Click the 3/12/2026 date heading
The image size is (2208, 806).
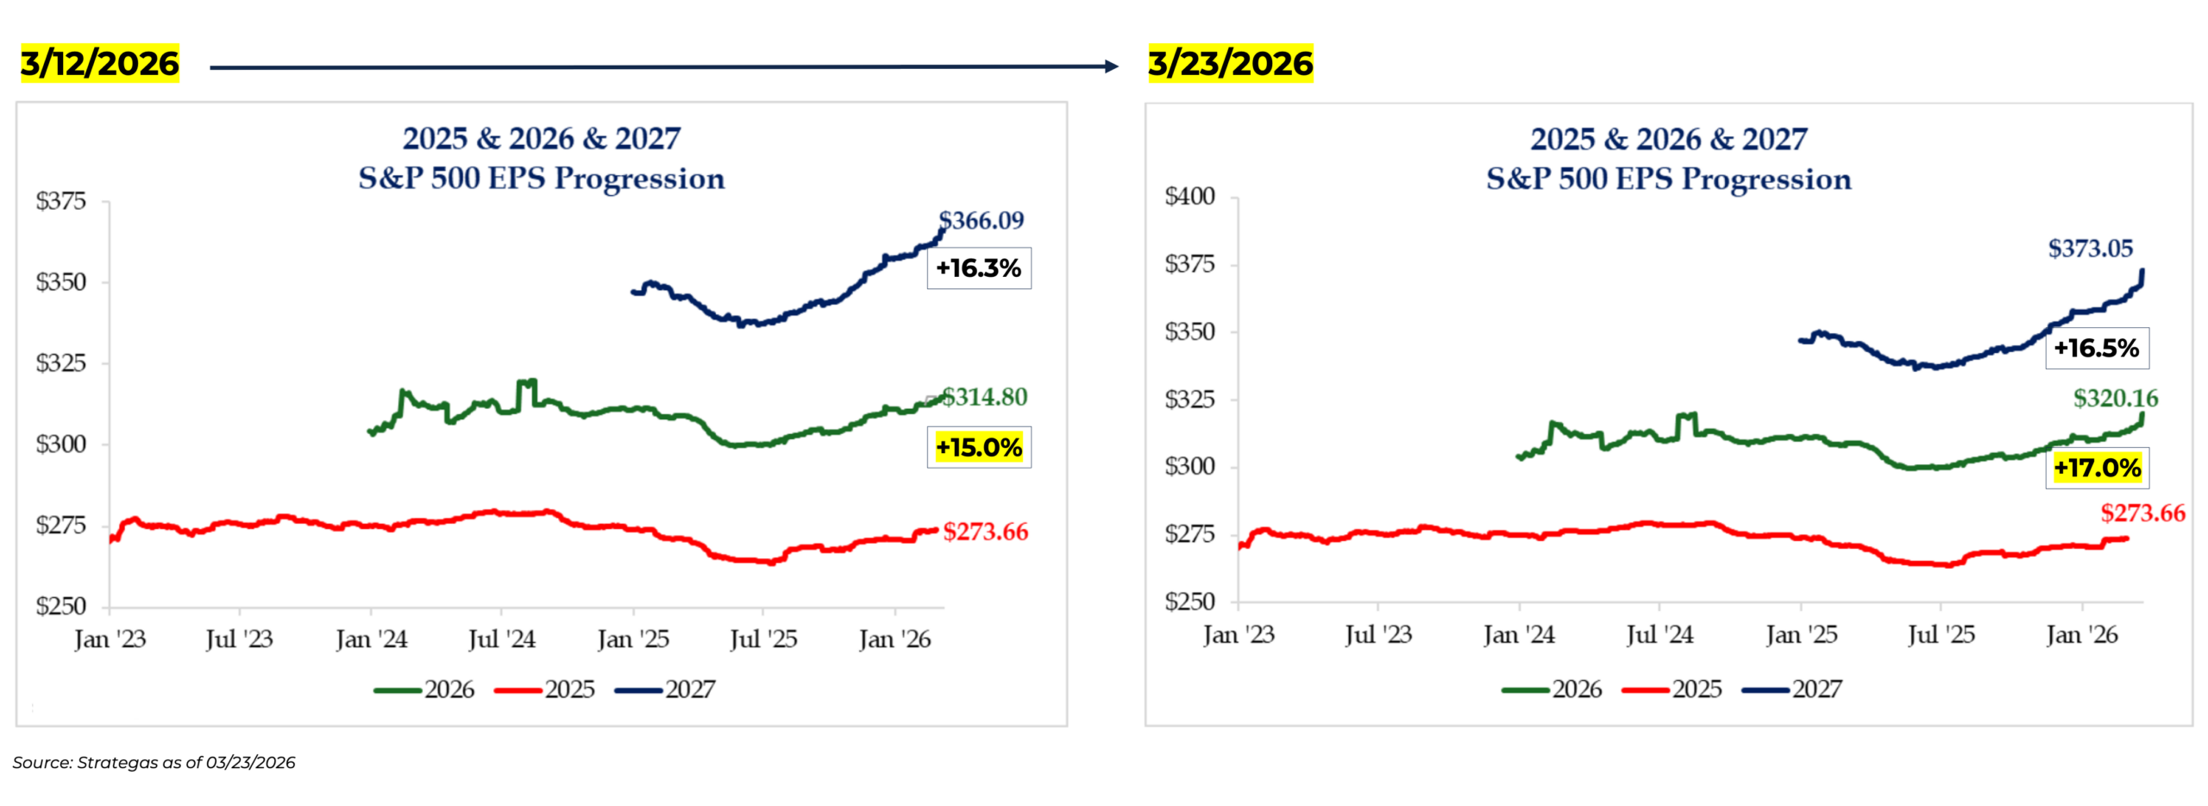(x=99, y=63)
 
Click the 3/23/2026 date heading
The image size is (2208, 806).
(x=1230, y=63)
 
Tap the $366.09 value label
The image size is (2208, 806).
(x=981, y=220)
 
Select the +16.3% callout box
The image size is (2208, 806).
(x=979, y=268)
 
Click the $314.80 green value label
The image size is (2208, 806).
(x=984, y=397)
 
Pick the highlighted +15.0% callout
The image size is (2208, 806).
(x=979, y=447)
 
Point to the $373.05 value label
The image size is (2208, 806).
(x=2090, y=249)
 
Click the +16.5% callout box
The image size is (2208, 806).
(x=2096, y=349)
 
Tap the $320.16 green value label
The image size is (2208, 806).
(x=2116, y=398)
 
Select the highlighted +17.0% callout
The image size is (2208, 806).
(x=2097, y=468)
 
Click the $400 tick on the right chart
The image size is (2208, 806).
(x=1189, y=197)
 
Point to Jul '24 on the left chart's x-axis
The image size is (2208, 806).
(x=501, y=639)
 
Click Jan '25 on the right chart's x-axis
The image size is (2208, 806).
(x=1801, y=636)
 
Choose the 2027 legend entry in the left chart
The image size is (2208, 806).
(x=665, y=690)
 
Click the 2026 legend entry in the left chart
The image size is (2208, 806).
(x=424, y=690)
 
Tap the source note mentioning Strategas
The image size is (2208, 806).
(x=154, y=763)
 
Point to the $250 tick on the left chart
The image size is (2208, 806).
(x=60, y=606)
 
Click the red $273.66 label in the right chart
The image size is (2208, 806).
(x=2142, y=513)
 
